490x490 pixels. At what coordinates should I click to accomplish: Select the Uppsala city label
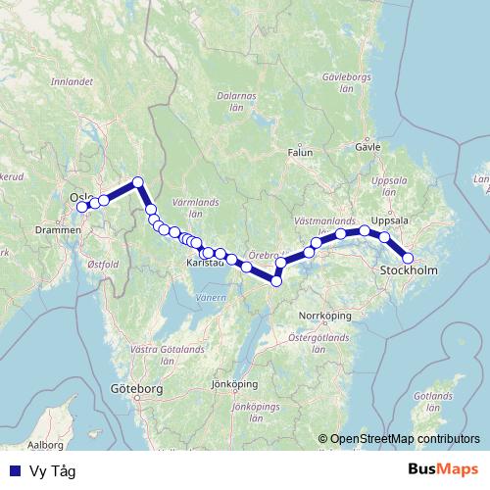click(391, 220)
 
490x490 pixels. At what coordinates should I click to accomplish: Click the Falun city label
click(300, 153)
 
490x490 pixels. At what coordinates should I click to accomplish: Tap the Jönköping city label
click(233, 384)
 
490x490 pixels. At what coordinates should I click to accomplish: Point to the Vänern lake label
click(210, 296)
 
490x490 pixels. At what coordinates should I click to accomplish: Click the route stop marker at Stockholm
click(409, 259)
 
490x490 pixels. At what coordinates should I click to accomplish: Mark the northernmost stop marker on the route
click(138, 181)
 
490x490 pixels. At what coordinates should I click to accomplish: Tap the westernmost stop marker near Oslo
click(82, 206)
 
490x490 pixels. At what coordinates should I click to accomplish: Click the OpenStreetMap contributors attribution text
click(405, 439)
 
